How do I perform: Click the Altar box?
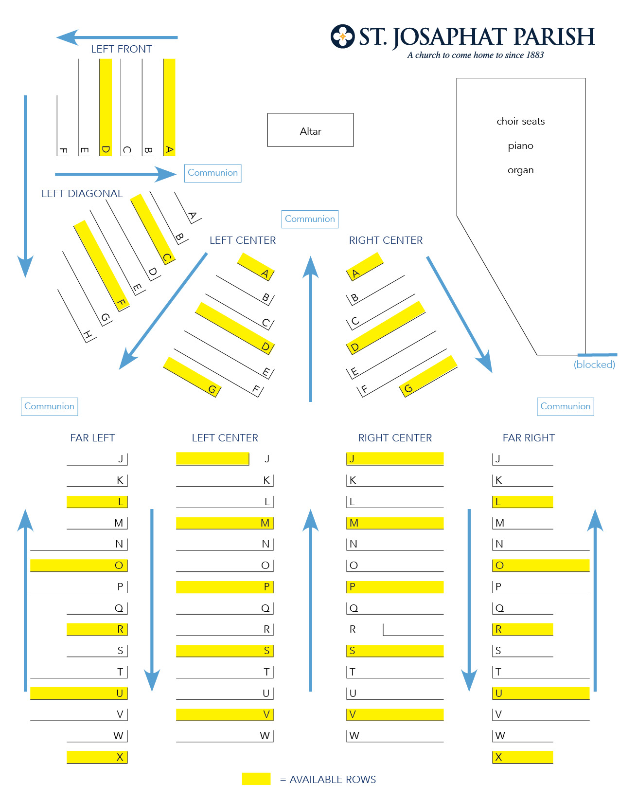310,130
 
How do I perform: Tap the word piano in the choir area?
520,146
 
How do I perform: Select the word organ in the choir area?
520,170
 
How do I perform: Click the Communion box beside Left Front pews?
213,173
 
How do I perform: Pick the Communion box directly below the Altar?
310,219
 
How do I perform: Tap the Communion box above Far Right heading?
566,406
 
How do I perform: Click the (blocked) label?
594,365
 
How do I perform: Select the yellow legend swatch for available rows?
256,779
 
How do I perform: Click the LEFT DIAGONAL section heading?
82,194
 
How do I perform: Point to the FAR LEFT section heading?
92,438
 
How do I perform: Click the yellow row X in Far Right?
523,757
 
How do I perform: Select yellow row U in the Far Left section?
79,693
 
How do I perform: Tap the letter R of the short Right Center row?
353,629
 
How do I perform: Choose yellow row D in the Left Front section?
106,107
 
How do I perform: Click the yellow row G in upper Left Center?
192,377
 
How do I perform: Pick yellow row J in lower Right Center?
395,458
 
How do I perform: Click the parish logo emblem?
342,36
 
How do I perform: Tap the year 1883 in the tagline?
535,55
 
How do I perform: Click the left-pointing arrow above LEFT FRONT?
117,37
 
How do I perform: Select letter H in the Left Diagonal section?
88,335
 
